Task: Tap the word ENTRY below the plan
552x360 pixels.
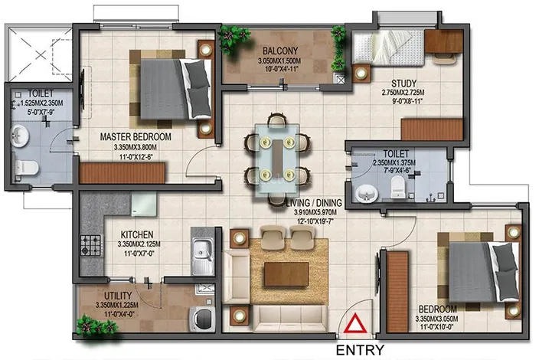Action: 360,350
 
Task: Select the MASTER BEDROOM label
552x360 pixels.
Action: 136,136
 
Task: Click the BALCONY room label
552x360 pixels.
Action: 280,51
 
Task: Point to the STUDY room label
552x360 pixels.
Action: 403,83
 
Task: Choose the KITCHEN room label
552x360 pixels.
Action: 137,234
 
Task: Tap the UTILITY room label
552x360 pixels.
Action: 118,296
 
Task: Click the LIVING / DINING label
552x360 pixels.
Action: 314,203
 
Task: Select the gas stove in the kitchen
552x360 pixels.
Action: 91,245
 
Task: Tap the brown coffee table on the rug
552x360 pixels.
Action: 286,273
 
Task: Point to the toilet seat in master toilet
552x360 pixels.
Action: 26,168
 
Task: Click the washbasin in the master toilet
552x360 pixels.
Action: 19,136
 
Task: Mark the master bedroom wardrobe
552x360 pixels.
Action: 122,173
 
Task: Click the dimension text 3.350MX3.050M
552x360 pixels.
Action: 436,319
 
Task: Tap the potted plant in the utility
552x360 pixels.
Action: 96,326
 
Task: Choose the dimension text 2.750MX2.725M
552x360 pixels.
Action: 403,93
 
